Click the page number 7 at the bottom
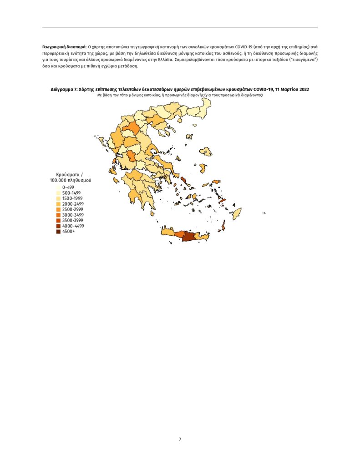(180, 439)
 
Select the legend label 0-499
(68, 187)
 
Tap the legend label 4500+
(69, 231)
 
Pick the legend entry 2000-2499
(73, 204)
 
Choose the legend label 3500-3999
(73, 220)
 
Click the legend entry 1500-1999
(73, 198)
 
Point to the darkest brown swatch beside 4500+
(59, 231)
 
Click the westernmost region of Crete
(167, 232)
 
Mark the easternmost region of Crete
(203, 237)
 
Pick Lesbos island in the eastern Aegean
(206, 152)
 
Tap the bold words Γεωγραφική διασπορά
(64, 47)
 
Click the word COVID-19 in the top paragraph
(246, 47)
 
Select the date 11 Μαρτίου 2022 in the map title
(292, 90)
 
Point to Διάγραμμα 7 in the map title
(64, 90)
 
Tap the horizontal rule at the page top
(180, 28)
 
